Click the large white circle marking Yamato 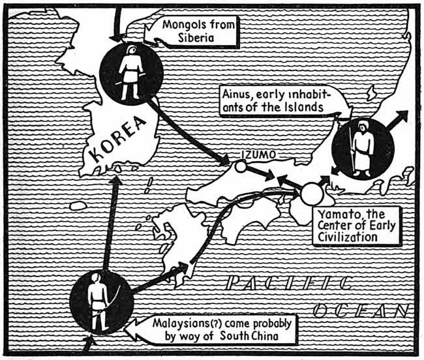tap(311, 193)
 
